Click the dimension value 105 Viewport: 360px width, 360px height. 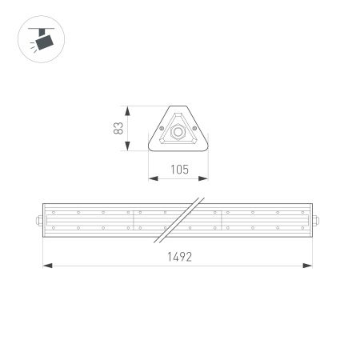178,169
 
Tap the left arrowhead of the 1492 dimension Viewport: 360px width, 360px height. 46,265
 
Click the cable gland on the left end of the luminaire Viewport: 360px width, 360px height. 40,218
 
